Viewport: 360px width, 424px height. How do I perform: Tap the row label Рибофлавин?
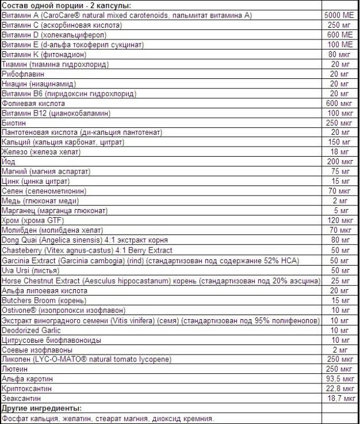pos(22,74)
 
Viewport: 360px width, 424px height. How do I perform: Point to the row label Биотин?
pos(14,123)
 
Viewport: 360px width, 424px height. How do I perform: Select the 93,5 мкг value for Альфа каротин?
pos(341,380)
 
